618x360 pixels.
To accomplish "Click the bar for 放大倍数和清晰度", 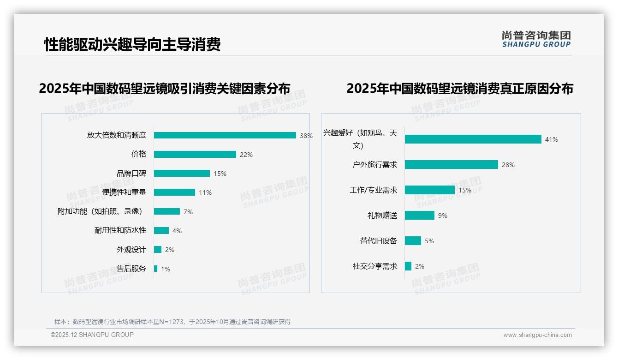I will point(225,135).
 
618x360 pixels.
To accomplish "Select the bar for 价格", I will point(195,155).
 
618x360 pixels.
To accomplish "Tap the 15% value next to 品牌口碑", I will point(220,174).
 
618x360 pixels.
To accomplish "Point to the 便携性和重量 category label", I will point(124,192).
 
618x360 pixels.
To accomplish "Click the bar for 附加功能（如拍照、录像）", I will point(166,211).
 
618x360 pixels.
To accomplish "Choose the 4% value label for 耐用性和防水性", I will point(177,231).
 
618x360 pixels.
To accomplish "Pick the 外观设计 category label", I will point(131,250).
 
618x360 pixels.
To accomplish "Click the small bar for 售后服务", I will point(155,269).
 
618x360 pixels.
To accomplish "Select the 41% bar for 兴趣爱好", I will point(473,139).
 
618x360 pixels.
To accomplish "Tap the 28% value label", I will point(508,165).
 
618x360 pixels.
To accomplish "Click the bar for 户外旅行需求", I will point(451,165).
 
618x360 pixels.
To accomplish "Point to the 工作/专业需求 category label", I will point(373,190).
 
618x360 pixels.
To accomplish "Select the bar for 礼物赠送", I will point(419,216).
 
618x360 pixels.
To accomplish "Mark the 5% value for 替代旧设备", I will point(429,241).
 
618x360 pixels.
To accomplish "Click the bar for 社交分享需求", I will point(408,266).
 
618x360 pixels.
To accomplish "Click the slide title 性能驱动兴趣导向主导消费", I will point(132,44).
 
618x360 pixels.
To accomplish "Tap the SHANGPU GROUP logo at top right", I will point(536,39).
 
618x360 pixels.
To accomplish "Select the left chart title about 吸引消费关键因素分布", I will point(165,89).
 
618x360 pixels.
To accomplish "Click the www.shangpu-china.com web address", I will point(537,335).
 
